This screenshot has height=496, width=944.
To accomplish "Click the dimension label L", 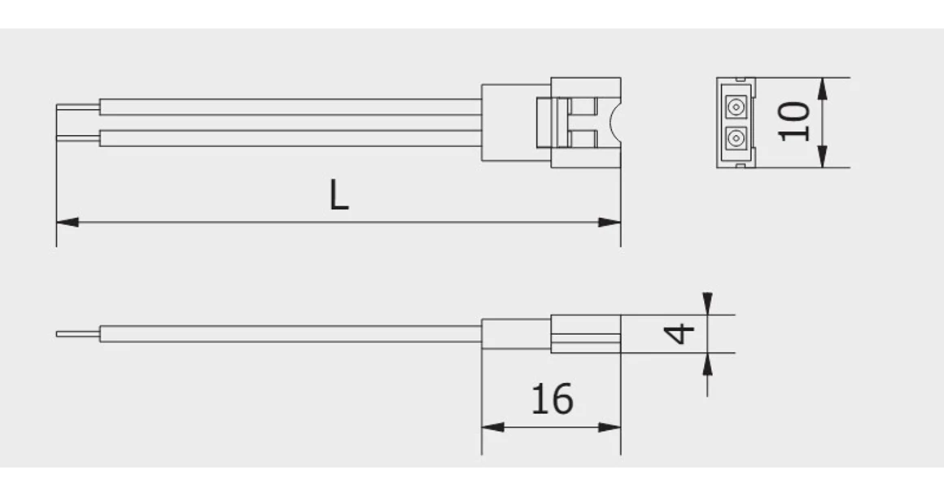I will pyautogui.click(x=339, y=196).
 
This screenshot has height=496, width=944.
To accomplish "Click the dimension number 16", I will pyautogui.click(x=552, y=399).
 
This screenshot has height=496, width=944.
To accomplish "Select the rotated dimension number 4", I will pyautogui.click(x=680, y=333).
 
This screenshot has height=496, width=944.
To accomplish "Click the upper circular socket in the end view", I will pyautogui.click(x=736, y=107).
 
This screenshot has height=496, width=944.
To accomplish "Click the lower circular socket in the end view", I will pyautogui.click(x=736, y=138).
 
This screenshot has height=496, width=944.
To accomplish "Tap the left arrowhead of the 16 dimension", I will pyautogui.click(x=492, y=427).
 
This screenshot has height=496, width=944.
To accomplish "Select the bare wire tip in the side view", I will pyautogui.click(x=77, y=333).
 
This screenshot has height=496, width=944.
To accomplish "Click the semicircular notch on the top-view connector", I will pyautogui.click(x=614, y=122).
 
